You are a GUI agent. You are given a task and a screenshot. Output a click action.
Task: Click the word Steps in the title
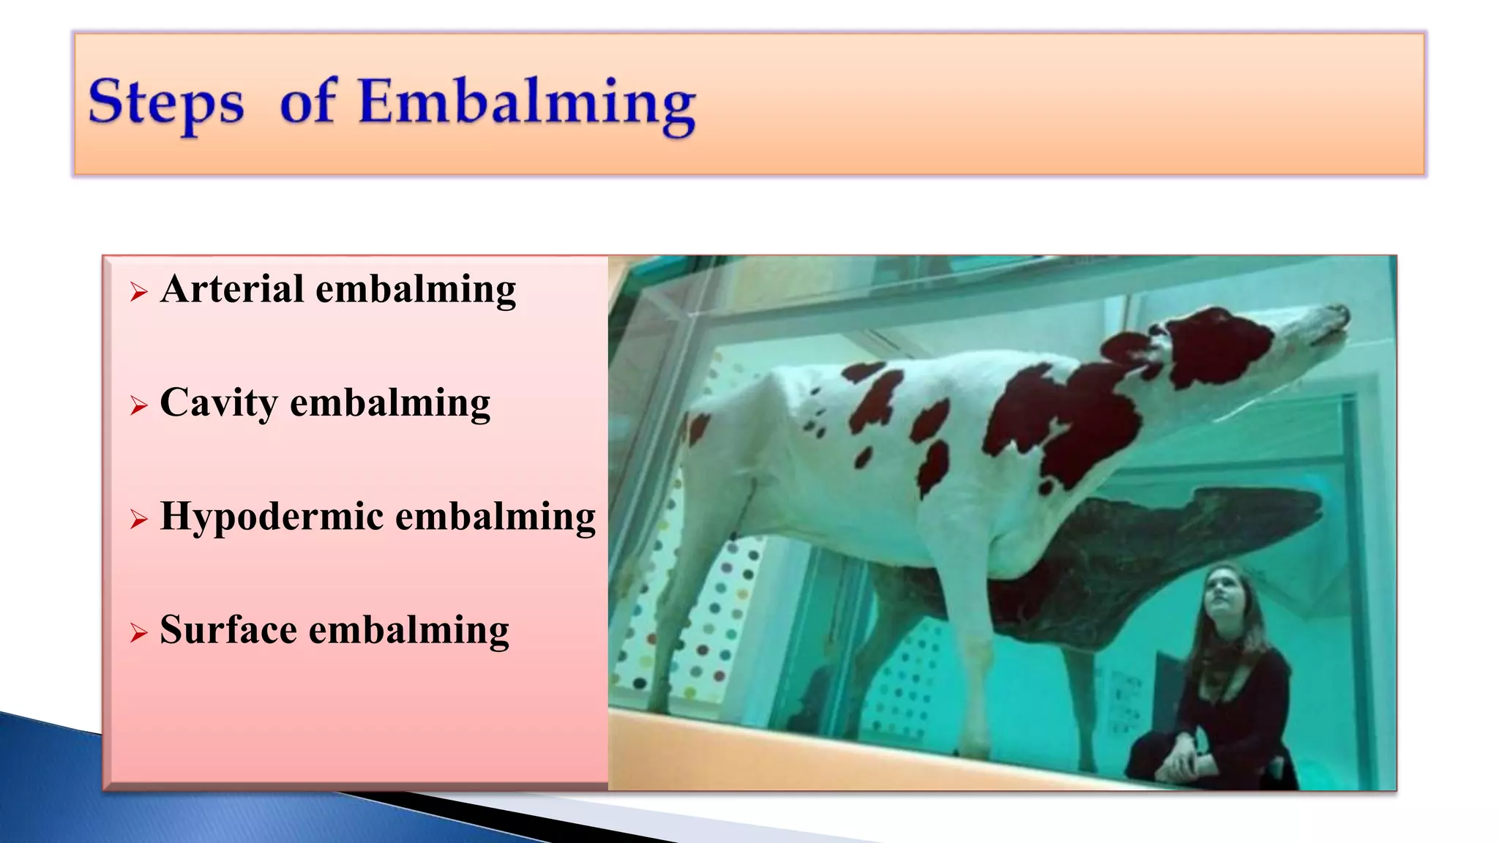[x=166, y=102]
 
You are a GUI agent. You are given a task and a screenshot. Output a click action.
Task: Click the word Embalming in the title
[x=527, y=102]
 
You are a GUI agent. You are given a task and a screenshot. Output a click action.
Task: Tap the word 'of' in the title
[x=308, y=102]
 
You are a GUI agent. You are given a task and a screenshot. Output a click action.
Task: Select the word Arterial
[x=232, y=288]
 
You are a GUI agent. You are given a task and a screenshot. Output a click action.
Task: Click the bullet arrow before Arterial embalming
[x=138, y=293]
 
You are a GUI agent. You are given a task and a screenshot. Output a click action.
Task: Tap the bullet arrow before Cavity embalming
[x=138, y=405]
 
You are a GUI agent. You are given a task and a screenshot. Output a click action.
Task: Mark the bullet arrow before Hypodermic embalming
[x=138, y=519]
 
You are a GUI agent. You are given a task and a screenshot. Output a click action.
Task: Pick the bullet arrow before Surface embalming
[x=138, y=632]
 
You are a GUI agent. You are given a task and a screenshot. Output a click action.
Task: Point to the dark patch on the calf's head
[x=1215, y=344]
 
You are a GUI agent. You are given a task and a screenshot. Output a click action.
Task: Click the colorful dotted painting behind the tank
[x=703, y=622]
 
